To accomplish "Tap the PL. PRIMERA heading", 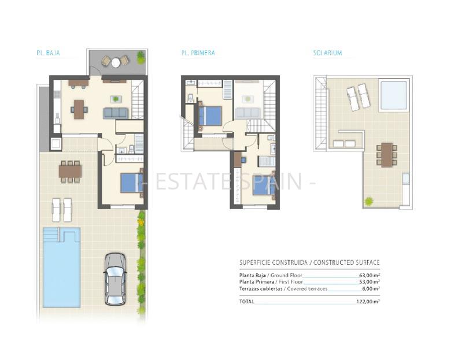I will (x=198, y=53).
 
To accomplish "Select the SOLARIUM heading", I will (x=327, y=53).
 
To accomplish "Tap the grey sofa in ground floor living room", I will (x=116, y=113).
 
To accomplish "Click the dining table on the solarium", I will (x=386, y=155).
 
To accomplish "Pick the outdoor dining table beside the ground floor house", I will (x=70, y=171).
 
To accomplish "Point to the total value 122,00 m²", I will (x=368, y=301).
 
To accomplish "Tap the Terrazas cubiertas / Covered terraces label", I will (x=275, y=288).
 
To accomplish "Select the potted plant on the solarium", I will (x=368, y=201).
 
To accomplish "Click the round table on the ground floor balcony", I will (x=116, y=62).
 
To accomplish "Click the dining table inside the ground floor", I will (x=79, y=107).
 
